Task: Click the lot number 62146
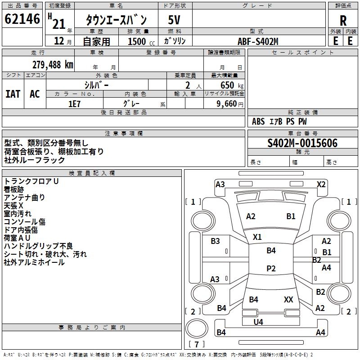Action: [22, 19]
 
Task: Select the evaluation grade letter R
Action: [343, 20]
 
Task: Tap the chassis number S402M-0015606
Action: [302, 143]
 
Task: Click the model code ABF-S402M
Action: [258, 41]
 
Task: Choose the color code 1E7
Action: [74, 103]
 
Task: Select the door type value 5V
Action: [175, 19]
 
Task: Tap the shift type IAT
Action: [13, 94]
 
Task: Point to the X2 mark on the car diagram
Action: [321, 184]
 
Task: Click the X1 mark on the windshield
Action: [257, 237]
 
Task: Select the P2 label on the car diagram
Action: [271, 268]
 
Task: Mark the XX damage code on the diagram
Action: [288, 299]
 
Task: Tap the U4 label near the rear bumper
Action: [258, 322]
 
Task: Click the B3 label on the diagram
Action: [216, 241]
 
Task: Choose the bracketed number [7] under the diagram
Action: [196, 345]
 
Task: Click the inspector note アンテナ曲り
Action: [24, 197]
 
